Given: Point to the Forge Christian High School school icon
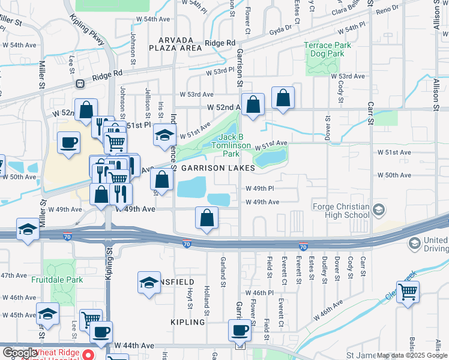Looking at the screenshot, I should (x=379, y=209).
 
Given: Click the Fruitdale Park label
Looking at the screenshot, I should (x=58, y=279).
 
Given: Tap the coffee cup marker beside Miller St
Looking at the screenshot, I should (x=68, y=143).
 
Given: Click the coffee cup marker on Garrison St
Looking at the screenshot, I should (x=240, y=329).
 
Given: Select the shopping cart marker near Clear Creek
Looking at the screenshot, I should (x=408, y=292).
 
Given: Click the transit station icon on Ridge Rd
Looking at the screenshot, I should (x=79, y=84).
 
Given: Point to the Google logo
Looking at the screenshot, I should (x=20, y=353).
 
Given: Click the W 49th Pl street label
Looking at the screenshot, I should (x=260, y=188).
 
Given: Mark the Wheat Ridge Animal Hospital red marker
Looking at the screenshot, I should (x=88, y=354).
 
